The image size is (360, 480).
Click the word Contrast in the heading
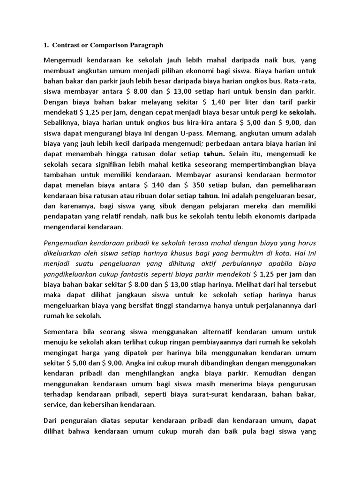[x=65, y=45]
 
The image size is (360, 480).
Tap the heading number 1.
[x=45, y=45]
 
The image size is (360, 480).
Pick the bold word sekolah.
[x=303, y=113]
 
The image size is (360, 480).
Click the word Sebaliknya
[x=62, y=123]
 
